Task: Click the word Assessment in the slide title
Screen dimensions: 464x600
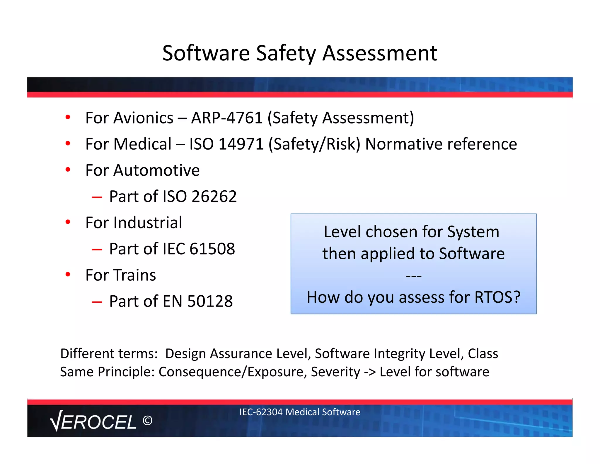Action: coord(380,53)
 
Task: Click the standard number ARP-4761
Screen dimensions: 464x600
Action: coord(227,118)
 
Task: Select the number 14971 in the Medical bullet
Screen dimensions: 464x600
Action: coord(241,144)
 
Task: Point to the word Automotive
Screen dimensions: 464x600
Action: coord(156,170)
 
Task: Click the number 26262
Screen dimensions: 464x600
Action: coord(214,196)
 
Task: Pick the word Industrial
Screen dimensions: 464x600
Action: coord(148,222)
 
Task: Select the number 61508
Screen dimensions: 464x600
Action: coord(212,249)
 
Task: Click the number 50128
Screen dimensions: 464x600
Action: coord(210,301)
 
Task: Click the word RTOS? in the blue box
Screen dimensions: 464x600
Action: coord(497,297)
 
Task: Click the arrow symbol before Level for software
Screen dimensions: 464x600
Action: coord(370,372)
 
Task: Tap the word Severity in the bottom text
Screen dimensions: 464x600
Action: coord(335,372)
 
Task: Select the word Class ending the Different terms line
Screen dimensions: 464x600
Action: coord(483,354)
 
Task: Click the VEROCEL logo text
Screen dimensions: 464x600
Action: coord(93,422)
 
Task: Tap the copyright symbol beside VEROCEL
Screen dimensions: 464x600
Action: coord(147,421)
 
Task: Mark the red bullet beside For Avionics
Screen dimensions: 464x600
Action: coord(68,118)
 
